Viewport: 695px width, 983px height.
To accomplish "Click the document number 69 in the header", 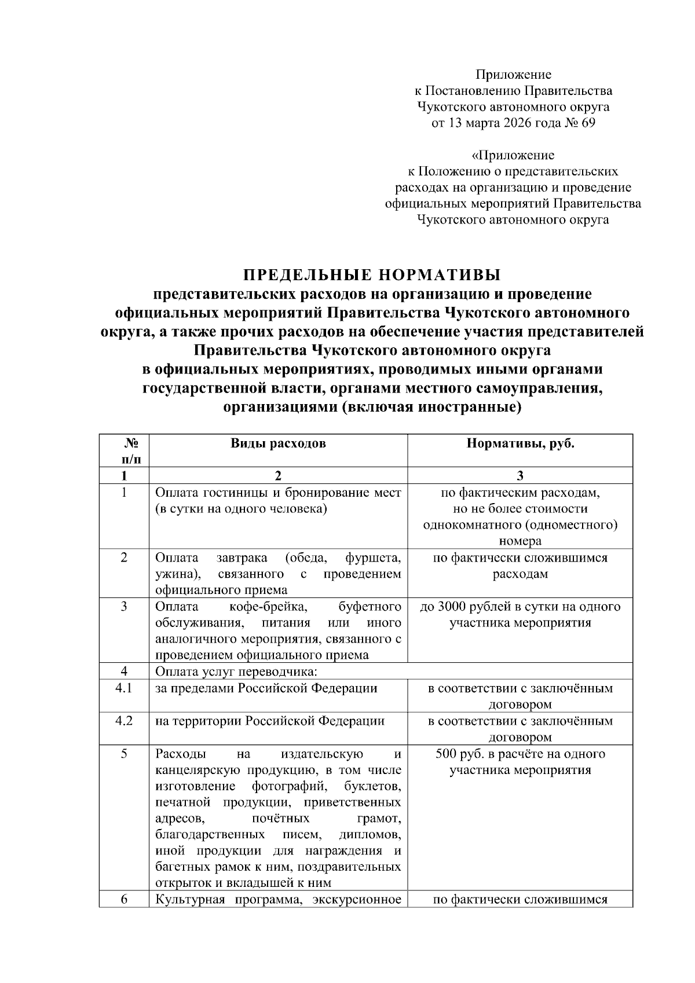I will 587,123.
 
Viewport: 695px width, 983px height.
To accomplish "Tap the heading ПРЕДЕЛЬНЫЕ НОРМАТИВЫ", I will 371,274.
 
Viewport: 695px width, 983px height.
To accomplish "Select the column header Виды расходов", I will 278,443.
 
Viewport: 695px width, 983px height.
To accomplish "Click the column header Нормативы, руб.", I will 520,443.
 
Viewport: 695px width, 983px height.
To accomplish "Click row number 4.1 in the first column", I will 124,688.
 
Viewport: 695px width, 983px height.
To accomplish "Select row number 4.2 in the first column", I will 124,721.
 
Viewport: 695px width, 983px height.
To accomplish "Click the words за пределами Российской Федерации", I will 266,688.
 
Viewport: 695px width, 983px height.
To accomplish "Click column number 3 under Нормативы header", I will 520,476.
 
